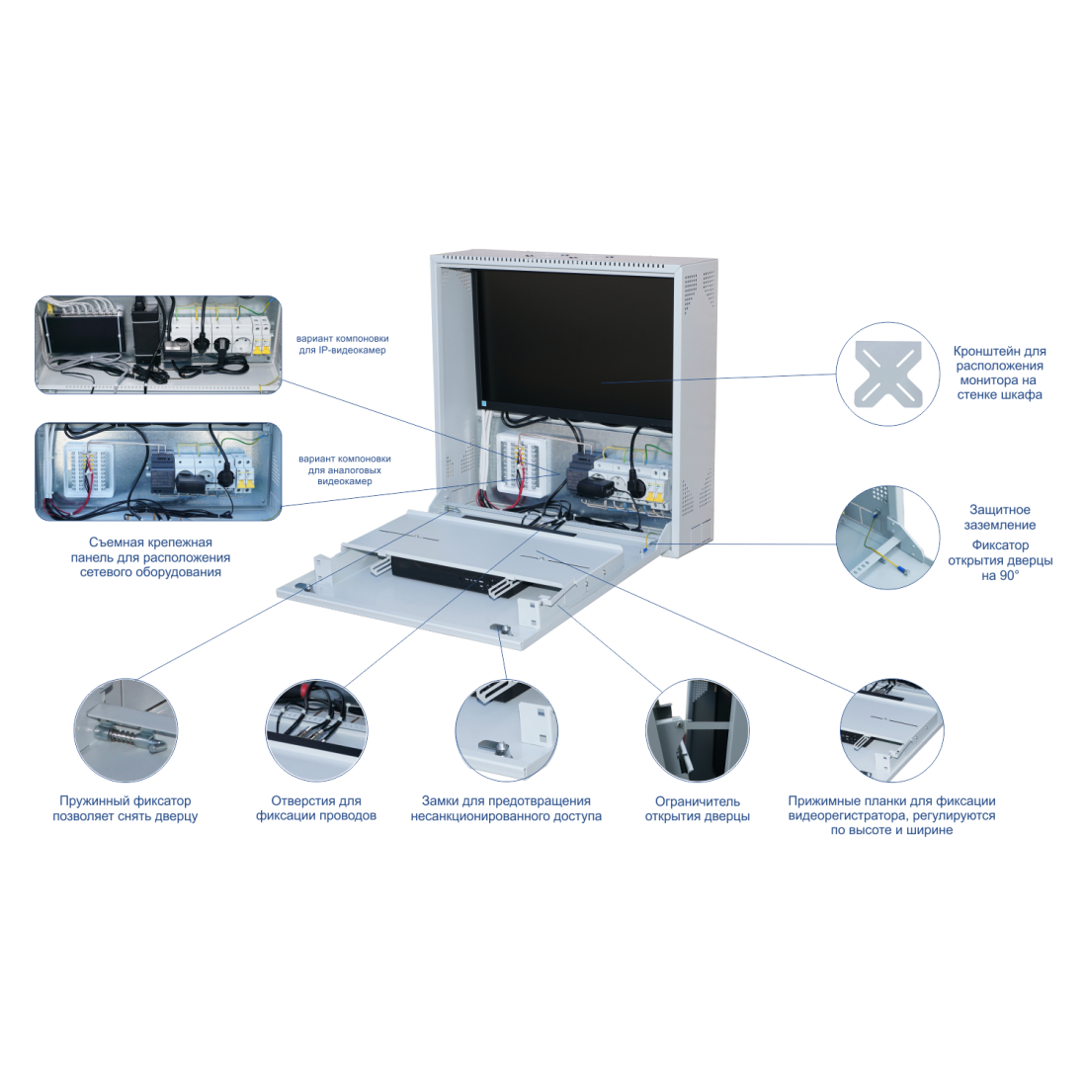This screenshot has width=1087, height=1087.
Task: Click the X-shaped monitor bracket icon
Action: (x=887, y=375)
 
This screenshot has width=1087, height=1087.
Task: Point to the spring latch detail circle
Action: (x=125, y=730)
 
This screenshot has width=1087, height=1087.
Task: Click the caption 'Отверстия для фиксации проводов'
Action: (x=316, y=808)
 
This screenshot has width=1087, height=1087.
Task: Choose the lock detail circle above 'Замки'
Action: (x=506, y=730)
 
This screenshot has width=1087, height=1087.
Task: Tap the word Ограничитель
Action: (x=698, y=801)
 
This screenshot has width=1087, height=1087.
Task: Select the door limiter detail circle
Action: (x=697, y=730)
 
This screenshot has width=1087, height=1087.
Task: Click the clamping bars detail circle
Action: (x=890, y=730)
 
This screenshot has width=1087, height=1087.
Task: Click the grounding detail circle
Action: (x=886, y=537)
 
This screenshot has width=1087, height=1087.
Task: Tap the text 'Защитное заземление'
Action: (x=1000, y=518)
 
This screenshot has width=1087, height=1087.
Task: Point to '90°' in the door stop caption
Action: (x=1000, y=575)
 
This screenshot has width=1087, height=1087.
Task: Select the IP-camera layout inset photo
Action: (x=158, y=345)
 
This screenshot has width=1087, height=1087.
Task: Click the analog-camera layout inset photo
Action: (x=158, y=471)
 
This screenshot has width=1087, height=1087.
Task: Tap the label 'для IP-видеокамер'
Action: (x=343, y=351)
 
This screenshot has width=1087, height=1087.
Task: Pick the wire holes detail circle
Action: (x=316, y=730)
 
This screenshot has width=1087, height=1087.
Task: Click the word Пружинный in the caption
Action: (x=91, y=801)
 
